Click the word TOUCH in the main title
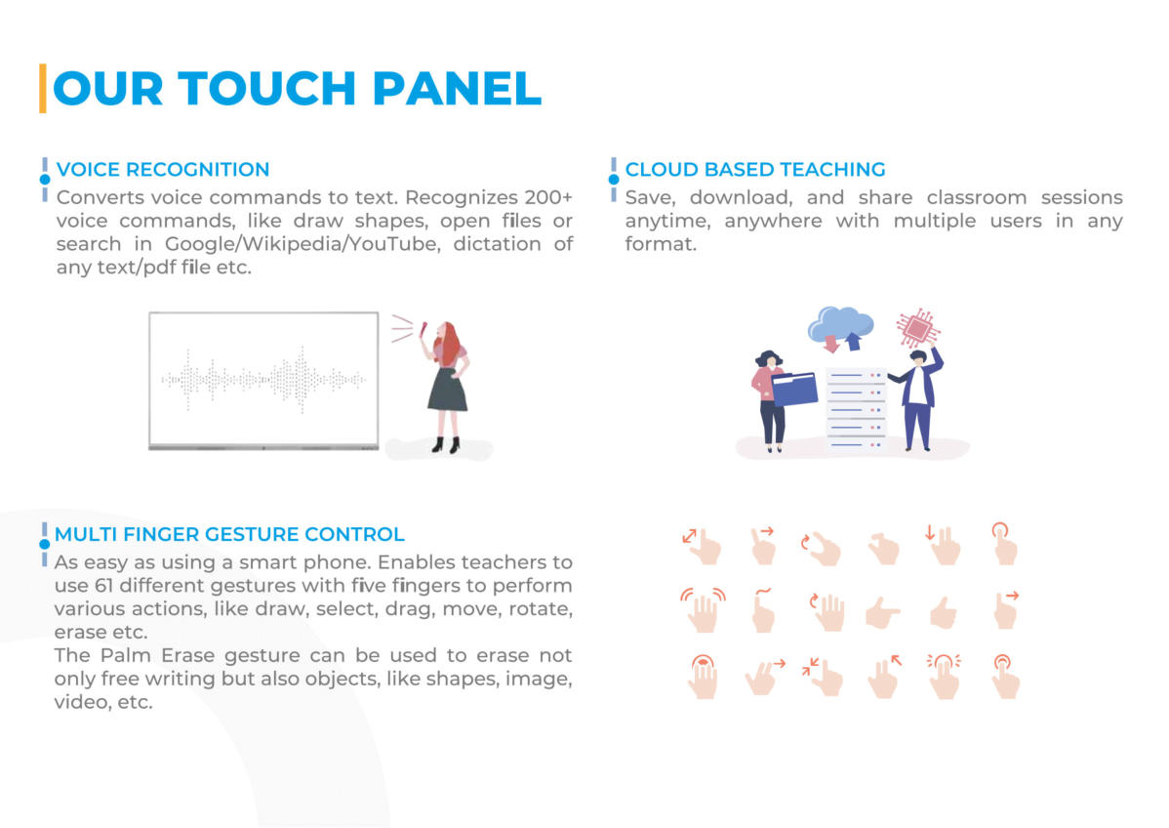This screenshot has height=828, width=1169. (x=267, y=89)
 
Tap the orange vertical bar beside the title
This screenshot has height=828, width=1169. (x=43, y=89)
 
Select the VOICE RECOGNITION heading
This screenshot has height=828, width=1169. (x=163, y=169)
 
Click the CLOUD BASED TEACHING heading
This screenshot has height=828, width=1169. (x=755, y=169)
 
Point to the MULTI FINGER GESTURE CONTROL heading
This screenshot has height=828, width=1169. (x=229, y=534)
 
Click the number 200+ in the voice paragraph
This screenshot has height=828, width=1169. (x=548, y=197)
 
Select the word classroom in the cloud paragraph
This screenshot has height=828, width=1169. (x=977, y=197)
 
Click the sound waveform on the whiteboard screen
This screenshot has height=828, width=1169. (x=263, y=380)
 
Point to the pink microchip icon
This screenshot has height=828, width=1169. (x=918, y=327)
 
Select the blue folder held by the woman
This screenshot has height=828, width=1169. (x=794, y=388)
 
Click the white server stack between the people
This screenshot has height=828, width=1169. (x=856, y=409)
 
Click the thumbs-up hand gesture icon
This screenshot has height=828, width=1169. (x=944, y=612)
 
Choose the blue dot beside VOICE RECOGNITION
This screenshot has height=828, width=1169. (x=45, y=179)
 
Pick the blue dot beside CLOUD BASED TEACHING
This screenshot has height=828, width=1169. (x=614, y=179)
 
